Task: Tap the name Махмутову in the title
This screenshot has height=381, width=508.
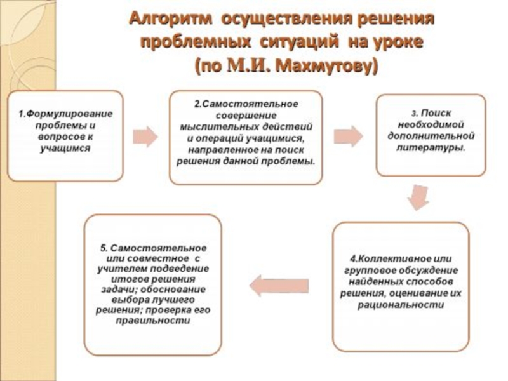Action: coord(323,65)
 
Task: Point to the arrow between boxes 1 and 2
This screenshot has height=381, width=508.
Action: coord(145,135)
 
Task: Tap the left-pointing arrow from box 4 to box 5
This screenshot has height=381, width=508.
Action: coord(279,284)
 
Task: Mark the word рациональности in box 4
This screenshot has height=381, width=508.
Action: coord(400,305)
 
